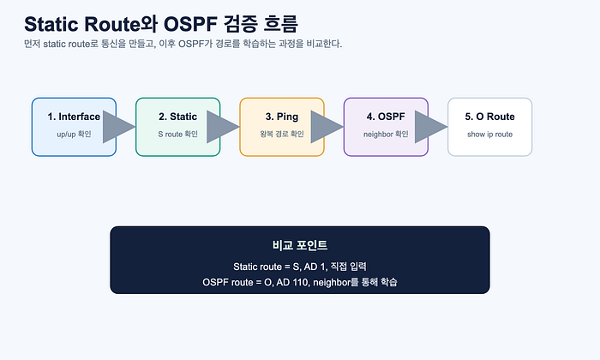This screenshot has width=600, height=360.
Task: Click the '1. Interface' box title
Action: click(74, 117)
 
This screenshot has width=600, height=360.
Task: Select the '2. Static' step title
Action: click(178, 117)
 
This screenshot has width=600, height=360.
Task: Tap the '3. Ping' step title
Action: click(282, 117)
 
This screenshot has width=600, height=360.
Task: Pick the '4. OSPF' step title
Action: click(386, 117)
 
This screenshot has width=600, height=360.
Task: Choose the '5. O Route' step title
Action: click(489, 117)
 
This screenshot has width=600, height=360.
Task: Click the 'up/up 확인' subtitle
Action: click(74, 135)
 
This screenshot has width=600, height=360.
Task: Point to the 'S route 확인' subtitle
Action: click(178, 135)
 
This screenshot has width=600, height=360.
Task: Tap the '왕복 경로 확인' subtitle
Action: click(282, 135)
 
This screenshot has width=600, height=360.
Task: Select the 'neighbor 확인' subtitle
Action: click(386, 135)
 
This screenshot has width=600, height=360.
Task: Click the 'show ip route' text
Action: click(489, 135)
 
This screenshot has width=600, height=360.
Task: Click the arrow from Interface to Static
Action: click(118, 127)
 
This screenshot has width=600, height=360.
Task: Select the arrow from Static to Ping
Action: click(223, 127)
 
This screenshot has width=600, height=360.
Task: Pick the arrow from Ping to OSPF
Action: click(327, 127)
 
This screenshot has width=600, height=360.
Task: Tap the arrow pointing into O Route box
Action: click(431, 127)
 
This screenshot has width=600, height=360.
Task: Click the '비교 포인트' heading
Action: click(300, 245)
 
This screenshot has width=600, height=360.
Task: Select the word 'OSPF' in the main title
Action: click(190, 24)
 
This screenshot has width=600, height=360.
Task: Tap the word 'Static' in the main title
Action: click(51, 24)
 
